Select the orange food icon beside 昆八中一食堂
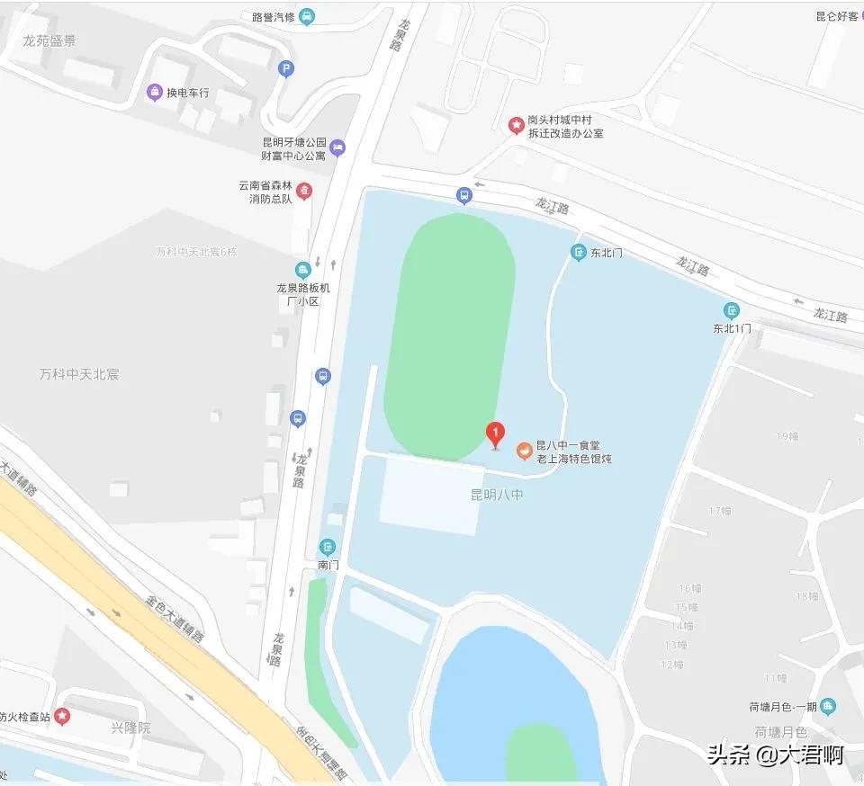tap(523, 451)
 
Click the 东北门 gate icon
tap(579, 253)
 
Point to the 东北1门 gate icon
tap(732, 310)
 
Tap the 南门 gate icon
tap(328, 546)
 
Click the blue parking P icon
tap(286, 67)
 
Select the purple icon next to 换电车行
tap(155, 92)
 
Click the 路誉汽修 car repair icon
tap(307, 15)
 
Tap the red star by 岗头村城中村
tap(517, 125)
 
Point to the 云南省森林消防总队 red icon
tap(304, 191)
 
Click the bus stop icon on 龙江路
tap(463, 195)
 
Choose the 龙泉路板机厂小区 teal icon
tap(304, 269)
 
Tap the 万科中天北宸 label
tap(79, 373)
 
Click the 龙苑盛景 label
tap(50, 40)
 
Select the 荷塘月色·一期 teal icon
tap(828, 706)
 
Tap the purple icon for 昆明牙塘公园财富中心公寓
tap(337, 147)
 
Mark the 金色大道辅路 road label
tap(175, 621)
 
